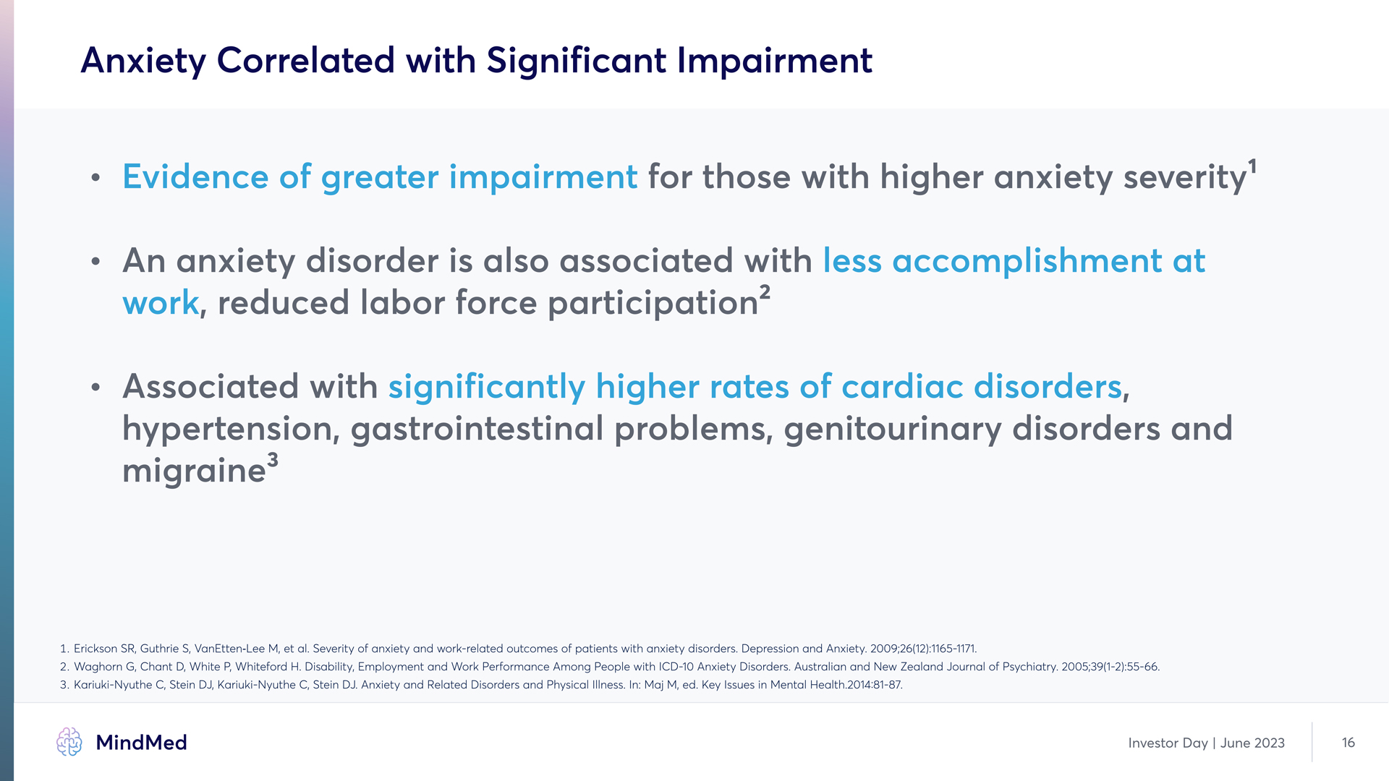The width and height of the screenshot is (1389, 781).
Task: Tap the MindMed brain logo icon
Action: click(x=69, y=742)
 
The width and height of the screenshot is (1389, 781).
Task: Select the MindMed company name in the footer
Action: click(x=141, y=743)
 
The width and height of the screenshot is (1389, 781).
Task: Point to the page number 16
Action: click(x=1348, y=743)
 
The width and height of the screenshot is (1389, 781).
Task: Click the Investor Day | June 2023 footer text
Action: click(x=1206, y=743)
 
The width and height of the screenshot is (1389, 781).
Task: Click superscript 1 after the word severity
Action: click(x=1252, y=167)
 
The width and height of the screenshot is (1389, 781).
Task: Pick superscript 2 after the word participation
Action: click(x=765, y=292)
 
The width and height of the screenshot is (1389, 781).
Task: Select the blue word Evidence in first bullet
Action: click(x=196, y=177)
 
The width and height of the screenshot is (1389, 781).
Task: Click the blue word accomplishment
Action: click(x=1027, y=261)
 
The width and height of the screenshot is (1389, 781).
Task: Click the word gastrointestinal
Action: click(x=477, y=429)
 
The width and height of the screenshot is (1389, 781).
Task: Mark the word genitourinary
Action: click(x=893, y=429)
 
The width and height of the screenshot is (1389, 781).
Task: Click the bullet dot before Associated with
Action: click(x=95, y=388)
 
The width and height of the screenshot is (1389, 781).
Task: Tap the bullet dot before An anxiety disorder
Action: click(x=95, y=262)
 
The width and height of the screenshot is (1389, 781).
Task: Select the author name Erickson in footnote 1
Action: click(x=95, y=649)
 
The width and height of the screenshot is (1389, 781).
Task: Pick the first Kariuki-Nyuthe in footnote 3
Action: click(x=113, y=685)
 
